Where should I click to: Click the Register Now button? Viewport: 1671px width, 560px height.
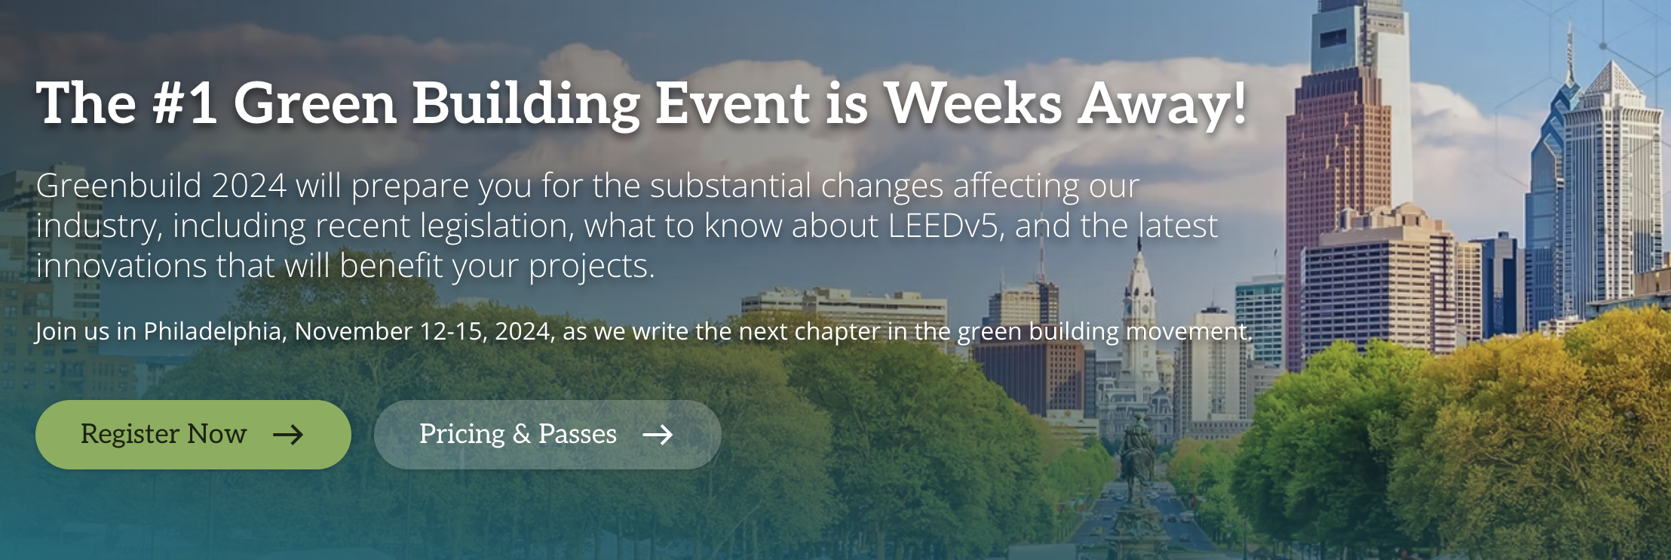pos(193,435)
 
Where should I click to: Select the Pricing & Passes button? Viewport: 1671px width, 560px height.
pos(547,435)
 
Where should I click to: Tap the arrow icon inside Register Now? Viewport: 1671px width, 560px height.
pos(288,435)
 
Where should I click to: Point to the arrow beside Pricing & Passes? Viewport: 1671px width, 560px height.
pos(658,435)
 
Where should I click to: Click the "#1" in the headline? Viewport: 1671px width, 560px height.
pos(185,103)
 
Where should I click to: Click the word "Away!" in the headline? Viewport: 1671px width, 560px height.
pos(1162,106)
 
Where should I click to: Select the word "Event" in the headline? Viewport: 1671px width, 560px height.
pos(732,103)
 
